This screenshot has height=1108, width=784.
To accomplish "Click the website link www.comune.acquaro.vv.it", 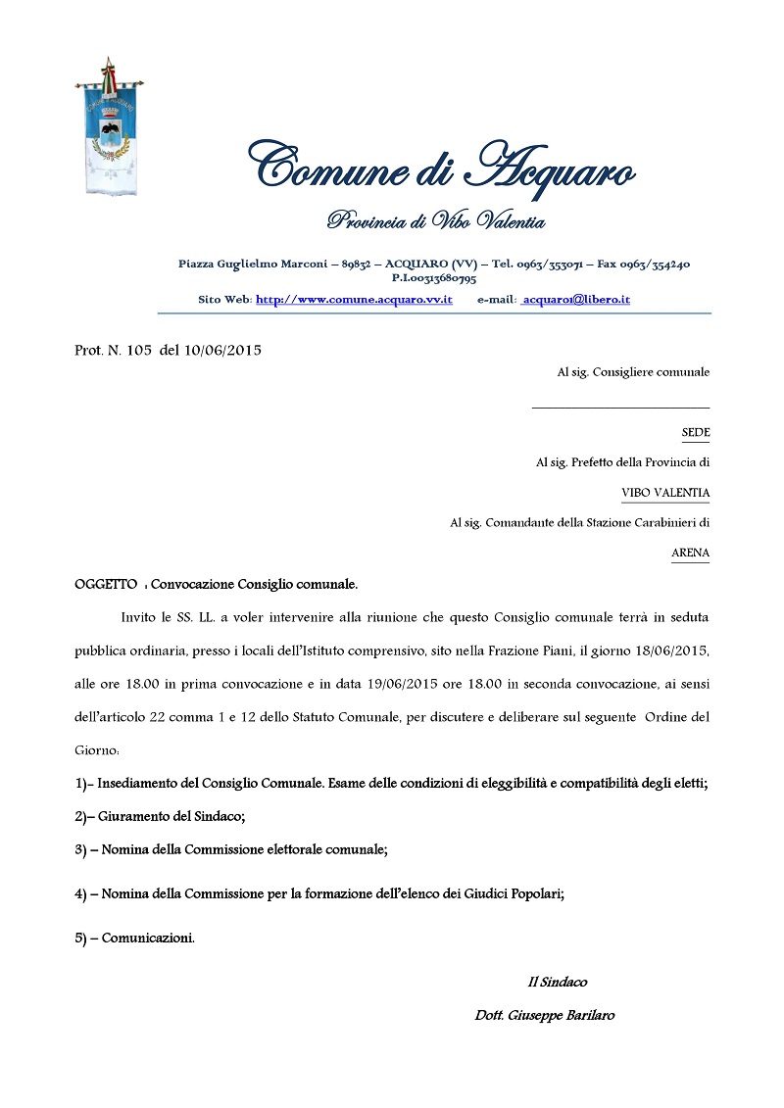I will click(354, 299).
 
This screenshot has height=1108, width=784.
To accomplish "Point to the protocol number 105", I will click(138, 350).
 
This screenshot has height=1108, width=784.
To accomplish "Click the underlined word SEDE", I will click(696, 432).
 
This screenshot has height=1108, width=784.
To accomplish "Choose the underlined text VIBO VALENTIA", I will click(665, 493).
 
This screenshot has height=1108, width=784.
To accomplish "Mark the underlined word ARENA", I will click(690, 554).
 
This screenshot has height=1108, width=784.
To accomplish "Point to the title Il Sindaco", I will click(558, 982).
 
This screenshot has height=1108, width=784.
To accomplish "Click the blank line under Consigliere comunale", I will click(620, 406).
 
